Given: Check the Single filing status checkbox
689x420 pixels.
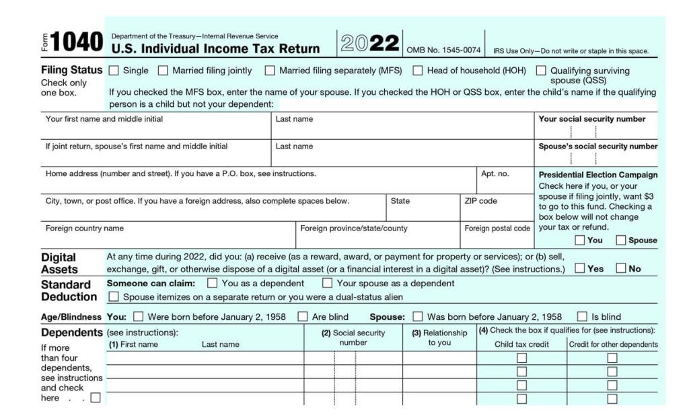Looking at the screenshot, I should pyautogui.click(x=114, y=71).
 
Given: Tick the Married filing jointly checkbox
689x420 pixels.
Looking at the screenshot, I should pyautogui.click(x=163, y=71).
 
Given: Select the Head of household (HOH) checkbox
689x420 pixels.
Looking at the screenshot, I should pyautogui.click(x=418, y=71).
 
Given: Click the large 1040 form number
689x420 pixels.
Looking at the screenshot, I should pyautogui.click(x=77, y=43).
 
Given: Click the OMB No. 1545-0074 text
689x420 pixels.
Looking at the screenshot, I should pyautogui.click(x=443, y=50).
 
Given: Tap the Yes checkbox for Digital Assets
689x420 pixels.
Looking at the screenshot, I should pyautogui.click(x=579, y=269).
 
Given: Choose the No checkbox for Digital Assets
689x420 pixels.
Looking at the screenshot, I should pyautogui.click(x=620, y=269).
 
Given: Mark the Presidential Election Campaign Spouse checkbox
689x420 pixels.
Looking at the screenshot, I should pyautogui.click(x=621, y=240).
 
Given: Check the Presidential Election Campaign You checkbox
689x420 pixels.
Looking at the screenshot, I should pyautogui.click(x=579, y=240).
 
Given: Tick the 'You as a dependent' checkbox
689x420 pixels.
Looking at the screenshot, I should pyautogui.click(x=213, y=283).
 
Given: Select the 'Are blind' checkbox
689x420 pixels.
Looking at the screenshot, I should pyautogui.click(x=303, y=317).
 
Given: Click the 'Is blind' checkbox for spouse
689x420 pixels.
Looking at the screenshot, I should pyautogui.click(x=582, y=317).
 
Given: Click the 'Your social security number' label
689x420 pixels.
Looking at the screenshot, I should pyautogui.click(x=591, y=119).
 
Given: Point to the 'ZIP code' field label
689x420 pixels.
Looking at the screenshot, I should pyautogui.click(x=480, y=201).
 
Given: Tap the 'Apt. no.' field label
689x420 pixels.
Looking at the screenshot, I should pyautogui.click(x=495, y=173).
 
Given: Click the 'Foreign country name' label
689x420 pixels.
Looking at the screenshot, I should pyautogui.click(x=85, y=228).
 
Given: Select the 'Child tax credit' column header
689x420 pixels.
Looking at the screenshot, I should pyautogui.click(x=521, y=345).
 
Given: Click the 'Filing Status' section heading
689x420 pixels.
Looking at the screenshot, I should pyautogui.click(x=72, y=70).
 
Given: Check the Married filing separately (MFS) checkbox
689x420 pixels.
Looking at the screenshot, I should pyautogui.click(x=270, y=71).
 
